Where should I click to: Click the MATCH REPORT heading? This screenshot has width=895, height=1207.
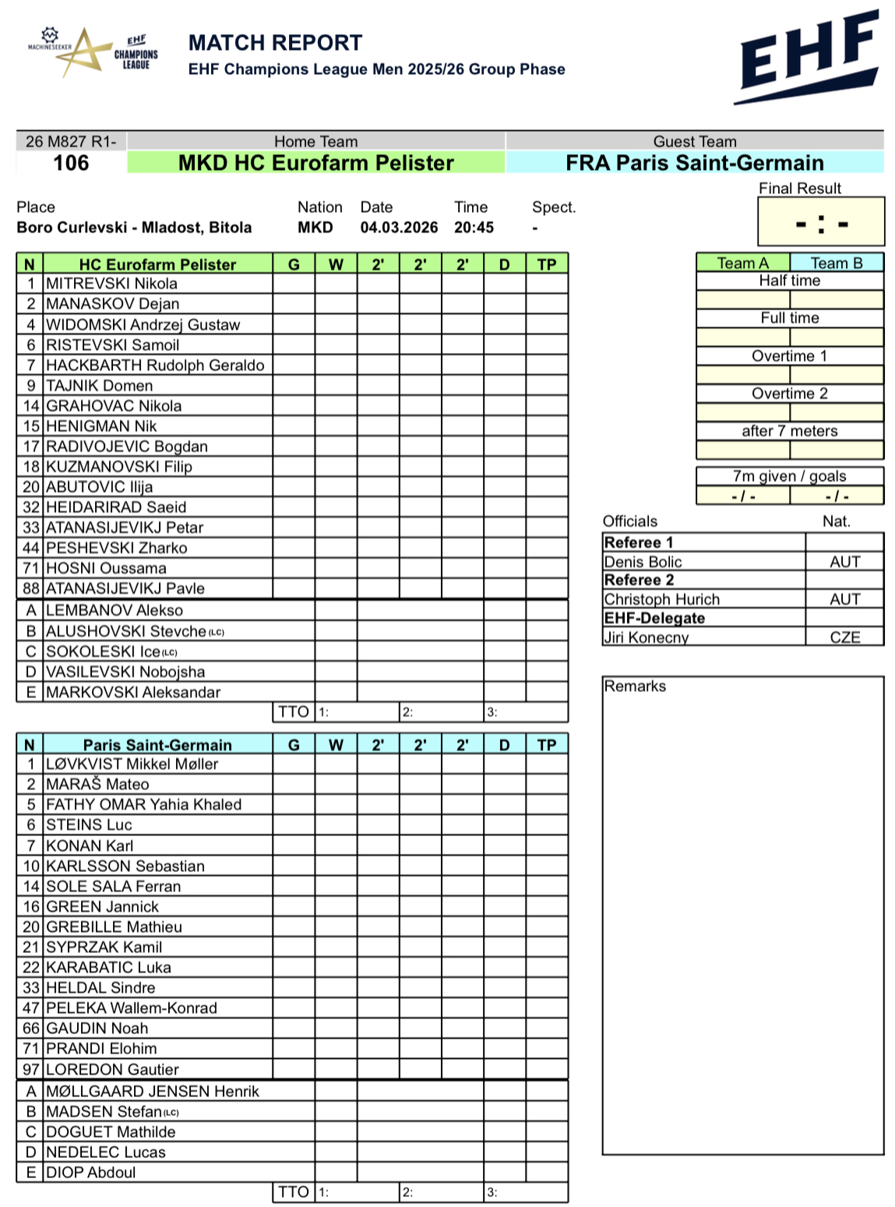coord(275,43)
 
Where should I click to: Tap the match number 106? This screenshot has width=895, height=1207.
coord(71,163)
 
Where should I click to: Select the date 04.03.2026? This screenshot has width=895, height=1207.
coord(399,228)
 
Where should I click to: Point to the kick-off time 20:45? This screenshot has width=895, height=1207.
coord(474,228)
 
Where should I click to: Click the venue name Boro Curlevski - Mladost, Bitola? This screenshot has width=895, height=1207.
coord(134,228)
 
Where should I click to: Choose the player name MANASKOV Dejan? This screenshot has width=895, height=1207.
coord(112,304)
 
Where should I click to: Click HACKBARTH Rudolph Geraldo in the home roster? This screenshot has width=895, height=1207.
coord(155,365)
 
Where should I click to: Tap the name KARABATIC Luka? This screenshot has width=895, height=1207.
coord(108,968)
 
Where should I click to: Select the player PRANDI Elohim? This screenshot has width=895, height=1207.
coord(101,1049)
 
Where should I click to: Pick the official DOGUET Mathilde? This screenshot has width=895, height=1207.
coord(111,1132)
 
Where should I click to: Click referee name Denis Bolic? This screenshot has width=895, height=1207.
coord(643,562)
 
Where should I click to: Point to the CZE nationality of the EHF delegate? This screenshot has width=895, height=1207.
coord(844,637)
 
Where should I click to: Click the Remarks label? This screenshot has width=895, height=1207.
coord(635,686)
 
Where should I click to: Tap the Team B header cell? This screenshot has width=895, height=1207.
coord(837,263)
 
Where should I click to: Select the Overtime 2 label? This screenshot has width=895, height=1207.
coord(789,394)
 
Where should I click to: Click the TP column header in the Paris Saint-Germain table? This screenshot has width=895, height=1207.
coord(547,745)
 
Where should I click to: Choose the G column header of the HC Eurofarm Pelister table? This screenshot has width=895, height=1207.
coord(294,264)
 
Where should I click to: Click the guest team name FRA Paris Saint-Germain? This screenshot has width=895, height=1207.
coord(694,163)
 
